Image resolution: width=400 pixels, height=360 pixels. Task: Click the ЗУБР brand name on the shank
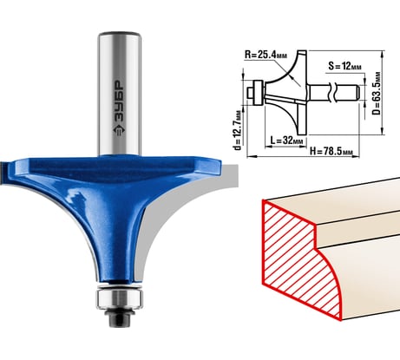(120, 101)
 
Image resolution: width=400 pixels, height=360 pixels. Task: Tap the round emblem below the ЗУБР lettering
(120, 130)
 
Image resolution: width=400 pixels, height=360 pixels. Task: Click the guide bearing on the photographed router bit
(119, 299)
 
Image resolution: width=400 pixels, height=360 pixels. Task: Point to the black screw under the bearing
(119, 317)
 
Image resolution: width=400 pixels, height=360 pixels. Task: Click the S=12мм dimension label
(344, 66)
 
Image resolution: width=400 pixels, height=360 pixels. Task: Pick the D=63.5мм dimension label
(376, 93)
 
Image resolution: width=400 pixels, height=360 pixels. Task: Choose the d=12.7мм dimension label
(238, 130)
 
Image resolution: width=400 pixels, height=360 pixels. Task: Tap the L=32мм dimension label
(286, 141)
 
